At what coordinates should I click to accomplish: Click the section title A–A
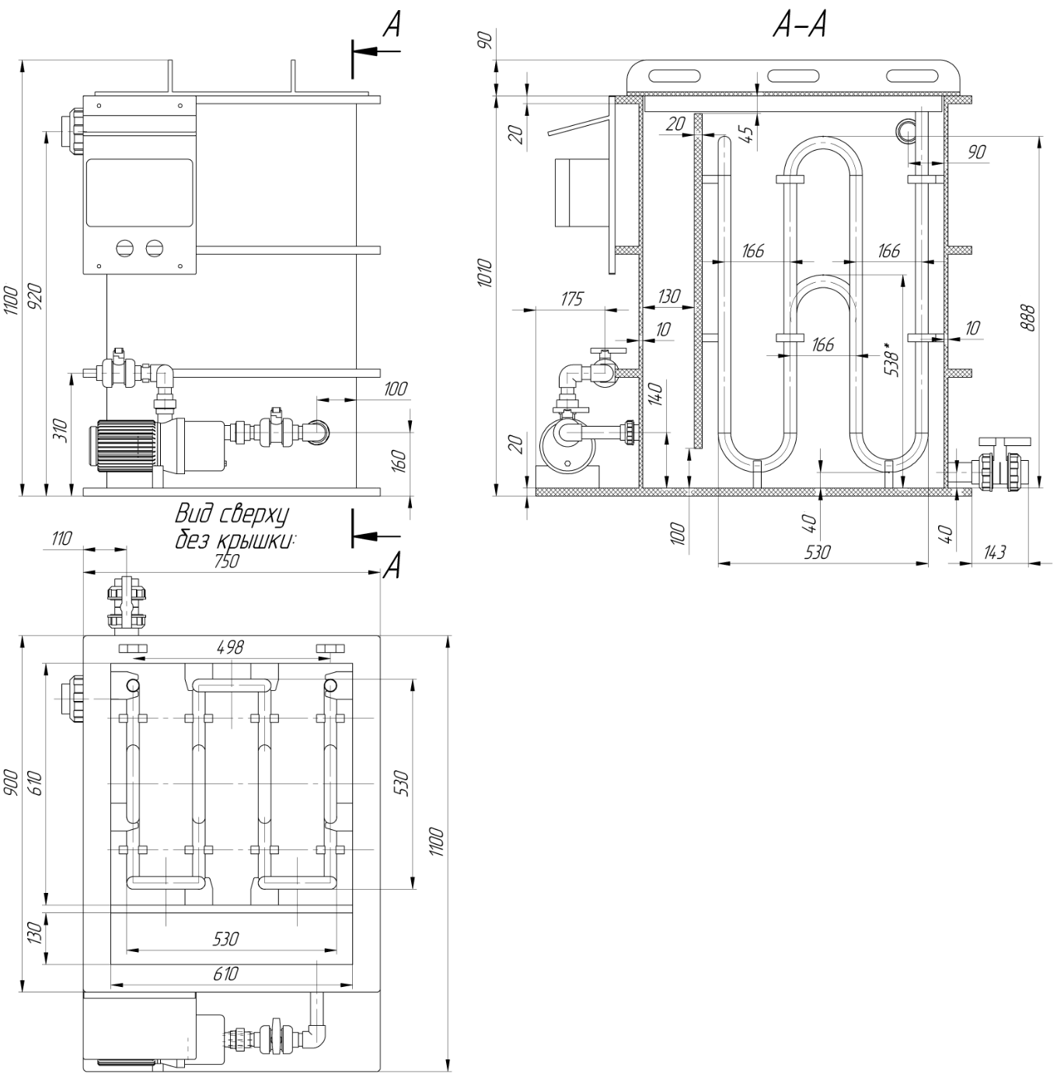(x=800, y=26)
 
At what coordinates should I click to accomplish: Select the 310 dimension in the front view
(x=61, y=430)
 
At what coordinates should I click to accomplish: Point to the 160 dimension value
(x=399, y=460)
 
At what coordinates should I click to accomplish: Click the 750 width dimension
(x=226, y=561)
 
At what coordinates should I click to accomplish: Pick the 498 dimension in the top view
(x=230, y=647)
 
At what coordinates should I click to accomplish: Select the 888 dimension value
(x=1027, y=317)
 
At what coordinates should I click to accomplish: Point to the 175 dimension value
(x=571, y=299)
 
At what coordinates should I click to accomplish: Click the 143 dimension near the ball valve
(x=994, y=552)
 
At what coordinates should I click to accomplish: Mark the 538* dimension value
(x=891, y=359)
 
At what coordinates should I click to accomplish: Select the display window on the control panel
(x=139, y=193)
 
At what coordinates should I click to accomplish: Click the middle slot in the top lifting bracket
(x=793, y=75)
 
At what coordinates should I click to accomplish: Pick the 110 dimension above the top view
(x=61, y=539)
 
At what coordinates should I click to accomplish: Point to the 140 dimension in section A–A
(x=655, y=395)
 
